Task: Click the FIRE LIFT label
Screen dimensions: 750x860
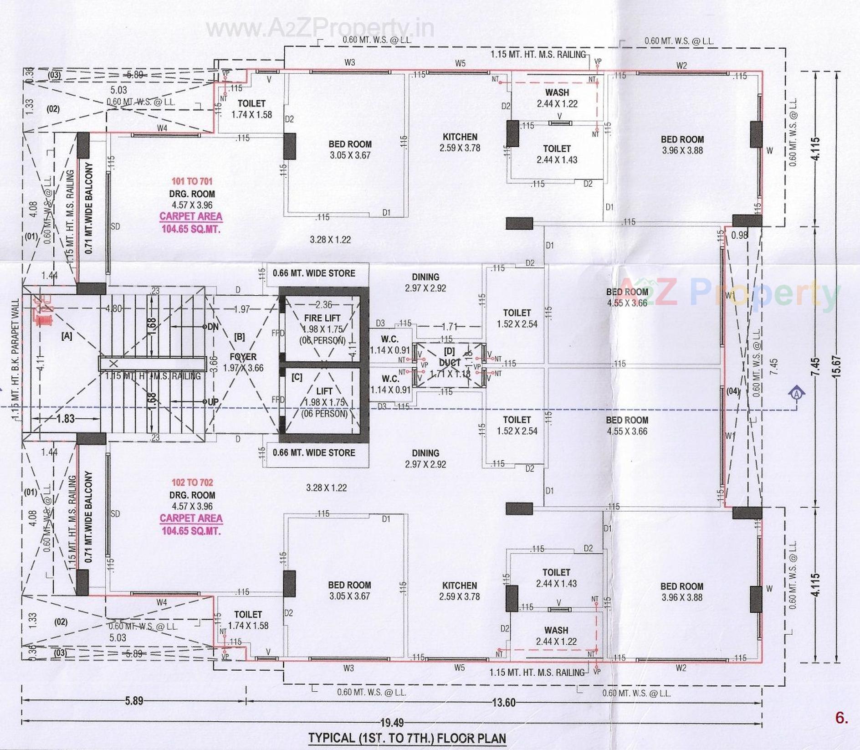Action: click(322, 318)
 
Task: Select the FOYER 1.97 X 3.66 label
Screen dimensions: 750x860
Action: click(243, 362)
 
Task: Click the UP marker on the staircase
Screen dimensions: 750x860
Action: click(212, 402)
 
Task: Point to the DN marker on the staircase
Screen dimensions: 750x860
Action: click(212, 327)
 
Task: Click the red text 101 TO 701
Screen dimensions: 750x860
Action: click(192, 181)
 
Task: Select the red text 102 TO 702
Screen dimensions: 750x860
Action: click(192, 483)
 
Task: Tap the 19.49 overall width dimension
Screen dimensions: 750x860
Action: click(392, 722)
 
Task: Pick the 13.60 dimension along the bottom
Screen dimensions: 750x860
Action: click(503, 703)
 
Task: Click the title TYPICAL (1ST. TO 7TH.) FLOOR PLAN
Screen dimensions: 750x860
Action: click(407, 738)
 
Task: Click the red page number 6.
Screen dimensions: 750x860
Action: click(841, 718)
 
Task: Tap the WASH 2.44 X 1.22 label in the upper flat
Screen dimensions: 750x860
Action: click(557, 98)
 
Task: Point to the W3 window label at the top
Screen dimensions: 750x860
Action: click(349, 62)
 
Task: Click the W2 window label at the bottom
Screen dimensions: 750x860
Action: click(681, 668)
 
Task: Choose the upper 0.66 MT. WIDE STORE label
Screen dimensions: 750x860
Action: click(314, 273)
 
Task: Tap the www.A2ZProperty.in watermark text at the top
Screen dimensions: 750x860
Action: click(320, 29)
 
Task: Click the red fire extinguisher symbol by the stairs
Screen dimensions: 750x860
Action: click(43, 310)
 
